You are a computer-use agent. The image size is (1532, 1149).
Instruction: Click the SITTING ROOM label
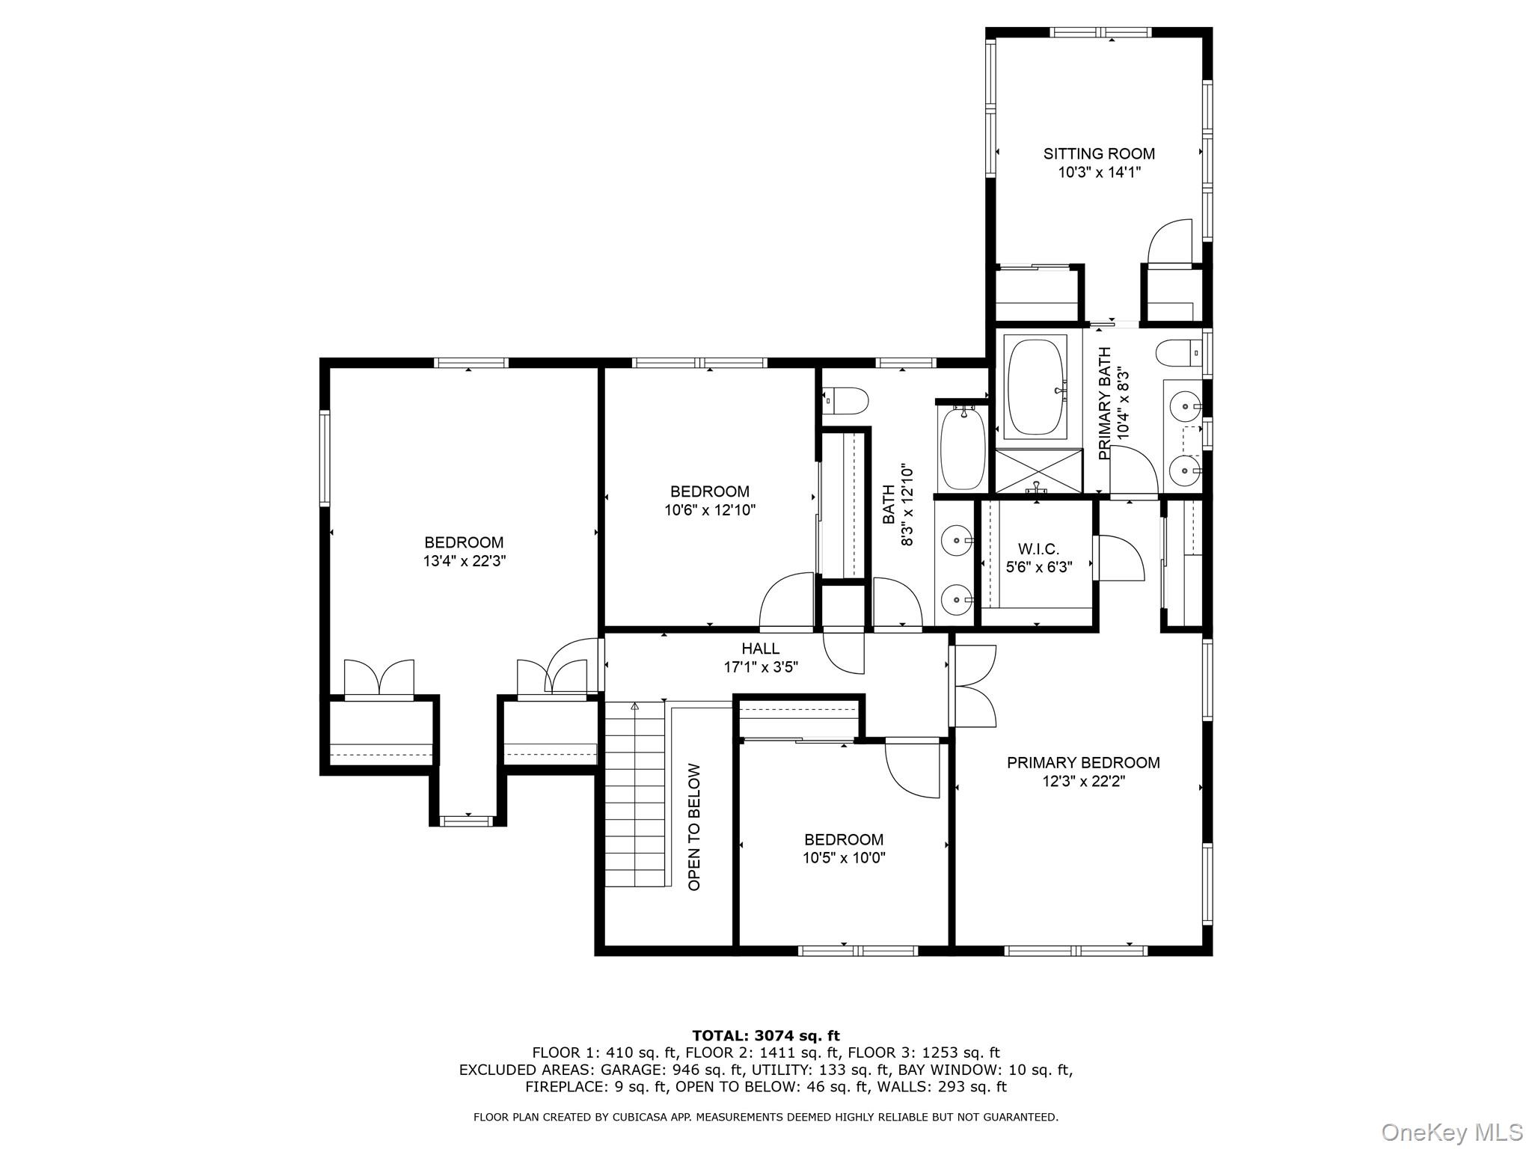pyautogui.click(x=1099, y=154)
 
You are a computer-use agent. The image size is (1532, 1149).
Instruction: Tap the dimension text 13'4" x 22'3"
pyautogui.click(x=465, y=561)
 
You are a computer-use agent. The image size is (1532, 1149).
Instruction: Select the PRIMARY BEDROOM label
pyautogui.click(x=1083, y=762)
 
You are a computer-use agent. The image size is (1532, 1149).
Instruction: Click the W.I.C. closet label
pyautogui.click(x=1038, y=549)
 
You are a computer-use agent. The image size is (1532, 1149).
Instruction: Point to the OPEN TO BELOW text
pyautogui.click(x=694, y=827)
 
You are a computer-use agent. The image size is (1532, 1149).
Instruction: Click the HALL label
pyautogui.click(x=760, y=649)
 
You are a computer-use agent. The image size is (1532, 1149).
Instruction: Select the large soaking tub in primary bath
pyautogui.click(x=1036, y=386)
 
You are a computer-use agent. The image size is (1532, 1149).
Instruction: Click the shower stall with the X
pyautogui.click(x=1038, y=471)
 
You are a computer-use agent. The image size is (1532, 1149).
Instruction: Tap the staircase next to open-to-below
pyautogui.click(x=634, y=793)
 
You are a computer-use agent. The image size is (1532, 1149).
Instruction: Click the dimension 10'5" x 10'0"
pyautogui.click(x=844, y=858)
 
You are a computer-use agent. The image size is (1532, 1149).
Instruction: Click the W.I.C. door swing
pyautogui.click(x=1119, y=557)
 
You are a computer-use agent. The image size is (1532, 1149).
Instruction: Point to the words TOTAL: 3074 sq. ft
pyautogui.click(x=766, y=1036)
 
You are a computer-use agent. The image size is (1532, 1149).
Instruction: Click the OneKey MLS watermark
pyautogui.click(x=1451, y=1132)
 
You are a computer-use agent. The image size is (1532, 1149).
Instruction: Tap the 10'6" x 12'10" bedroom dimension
pyautogui.click(x=710, y=510)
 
